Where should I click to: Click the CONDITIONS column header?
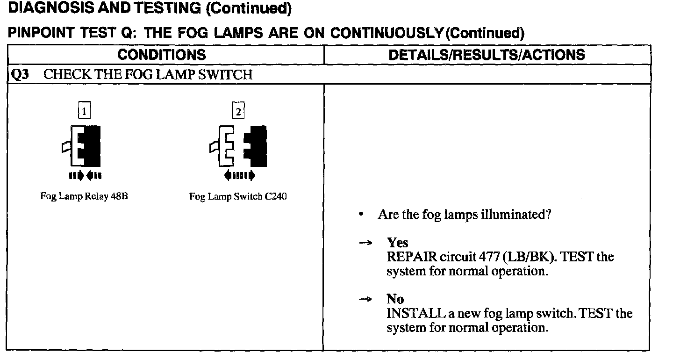click(161, 55)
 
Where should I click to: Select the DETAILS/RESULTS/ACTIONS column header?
click(487, 55)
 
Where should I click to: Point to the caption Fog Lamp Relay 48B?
click(84, 196)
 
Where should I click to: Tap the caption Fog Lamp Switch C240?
click(238, 196)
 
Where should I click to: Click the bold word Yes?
click(397, 243)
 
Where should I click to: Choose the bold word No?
click(395, 299)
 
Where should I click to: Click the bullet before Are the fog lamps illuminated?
click(361, 215)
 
